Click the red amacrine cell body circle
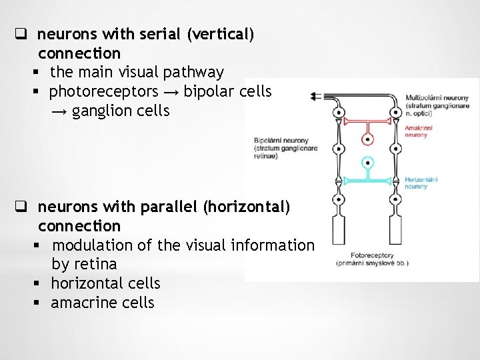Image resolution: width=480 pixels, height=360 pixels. (x=367, y=139)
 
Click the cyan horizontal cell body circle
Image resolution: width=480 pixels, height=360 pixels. (x=367, y=163)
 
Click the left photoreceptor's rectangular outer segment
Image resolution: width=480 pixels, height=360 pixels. (x=339, y=229)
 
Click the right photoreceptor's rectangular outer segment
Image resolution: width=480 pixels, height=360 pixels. (x=395, y=229)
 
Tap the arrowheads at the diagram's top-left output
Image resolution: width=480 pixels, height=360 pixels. (x=315, y=96)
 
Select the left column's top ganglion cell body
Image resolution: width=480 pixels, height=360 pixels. (x=339, y=113)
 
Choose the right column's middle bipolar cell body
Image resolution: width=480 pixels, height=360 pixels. (x=395, y=149)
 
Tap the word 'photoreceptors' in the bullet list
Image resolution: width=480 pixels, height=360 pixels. (x=104, y=91)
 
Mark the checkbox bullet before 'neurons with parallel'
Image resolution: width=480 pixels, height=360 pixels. (x=21, y=207)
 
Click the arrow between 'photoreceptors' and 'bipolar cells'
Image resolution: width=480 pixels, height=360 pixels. (x=171, y=91)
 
